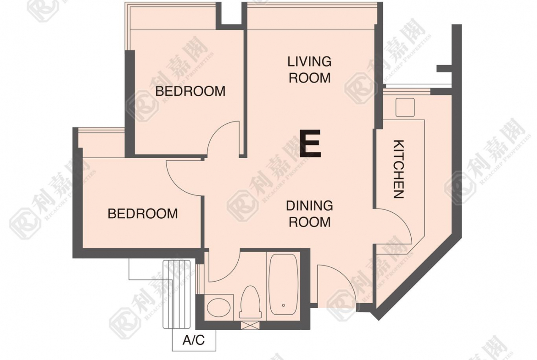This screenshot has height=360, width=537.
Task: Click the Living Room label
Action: [310, 70]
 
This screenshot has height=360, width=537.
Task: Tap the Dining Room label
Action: [310, 214]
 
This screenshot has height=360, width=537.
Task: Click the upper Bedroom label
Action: [190, 91]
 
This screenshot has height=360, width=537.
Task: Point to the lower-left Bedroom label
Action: [143, 214]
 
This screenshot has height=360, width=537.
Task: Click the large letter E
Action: [310, 144]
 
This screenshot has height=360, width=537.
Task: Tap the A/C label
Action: [194, 340]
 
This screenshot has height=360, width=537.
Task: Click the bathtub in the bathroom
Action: [283, 284]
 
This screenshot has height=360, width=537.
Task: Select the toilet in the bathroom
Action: [251, 303]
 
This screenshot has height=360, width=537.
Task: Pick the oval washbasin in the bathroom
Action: [218, 307]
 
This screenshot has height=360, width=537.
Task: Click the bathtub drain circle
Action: [284, 305]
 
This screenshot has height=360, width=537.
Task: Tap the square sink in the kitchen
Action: [405, 107]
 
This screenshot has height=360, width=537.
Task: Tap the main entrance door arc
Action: [346, 276]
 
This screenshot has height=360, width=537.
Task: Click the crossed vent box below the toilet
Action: [248, 326]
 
